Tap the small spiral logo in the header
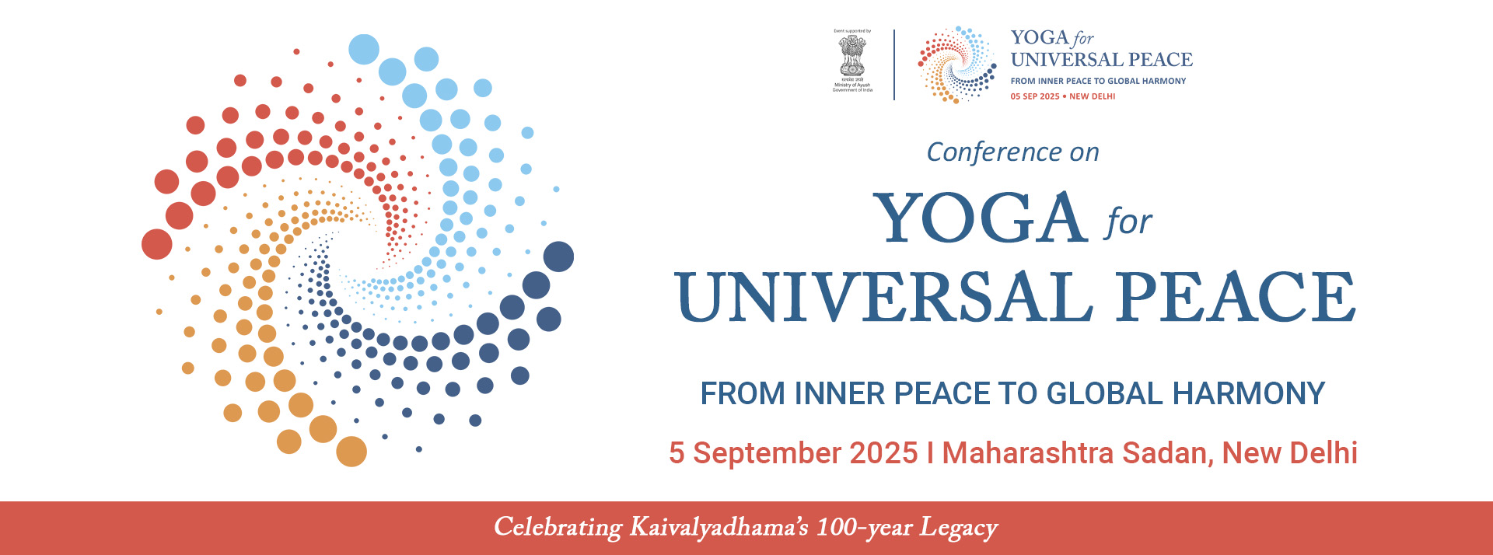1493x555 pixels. pyautogui.click(x=956, y=65)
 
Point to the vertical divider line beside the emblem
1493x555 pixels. pyautogui.click(x=894, y=65)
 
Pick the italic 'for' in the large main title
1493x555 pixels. pyautogui.click(x=1128, y=222)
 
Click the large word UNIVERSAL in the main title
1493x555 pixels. pyautogui.click(x=883, y=297)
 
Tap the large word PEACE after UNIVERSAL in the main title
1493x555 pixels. pyautogui.click(x=1236, y=297)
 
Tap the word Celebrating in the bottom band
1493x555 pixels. pyautogui.click(x=558, y=528)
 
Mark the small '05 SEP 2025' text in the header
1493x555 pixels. pyautogui.click(x=1035, y=96)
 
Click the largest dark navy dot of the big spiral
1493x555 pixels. pyautogui.click(x=558, y=257)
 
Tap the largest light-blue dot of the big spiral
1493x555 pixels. pyautogui.click(x=364, y=50)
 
